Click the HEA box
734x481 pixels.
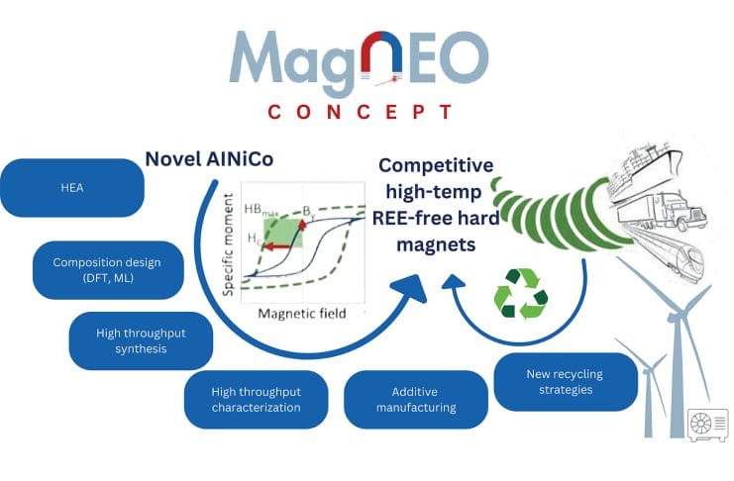click(x=72, y=188)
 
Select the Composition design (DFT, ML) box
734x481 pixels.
click(x=108, y=270)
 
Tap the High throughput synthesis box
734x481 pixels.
click(x=141, y=340)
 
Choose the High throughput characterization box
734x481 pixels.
click(x=256, y=399)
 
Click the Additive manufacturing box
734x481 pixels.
click(x=416, y=399)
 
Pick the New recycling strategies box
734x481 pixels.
click(x=566, y=382)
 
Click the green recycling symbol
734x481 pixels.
click(x=521, y=293)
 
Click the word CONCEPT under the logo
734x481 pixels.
click(x=360, y=112)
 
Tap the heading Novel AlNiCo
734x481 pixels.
click(x=209, y=159)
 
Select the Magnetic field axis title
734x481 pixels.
click(x=302, y=313)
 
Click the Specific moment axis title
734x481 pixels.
click(x=229, y=244)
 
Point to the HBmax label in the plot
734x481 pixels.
click(x=262, y=210)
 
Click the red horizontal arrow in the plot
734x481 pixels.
click(x=275, y=246)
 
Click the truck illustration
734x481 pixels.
click(x=662, y=212)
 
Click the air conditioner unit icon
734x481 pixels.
click(x=707, y=425)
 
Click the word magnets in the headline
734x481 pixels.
click(x=436, y=244)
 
